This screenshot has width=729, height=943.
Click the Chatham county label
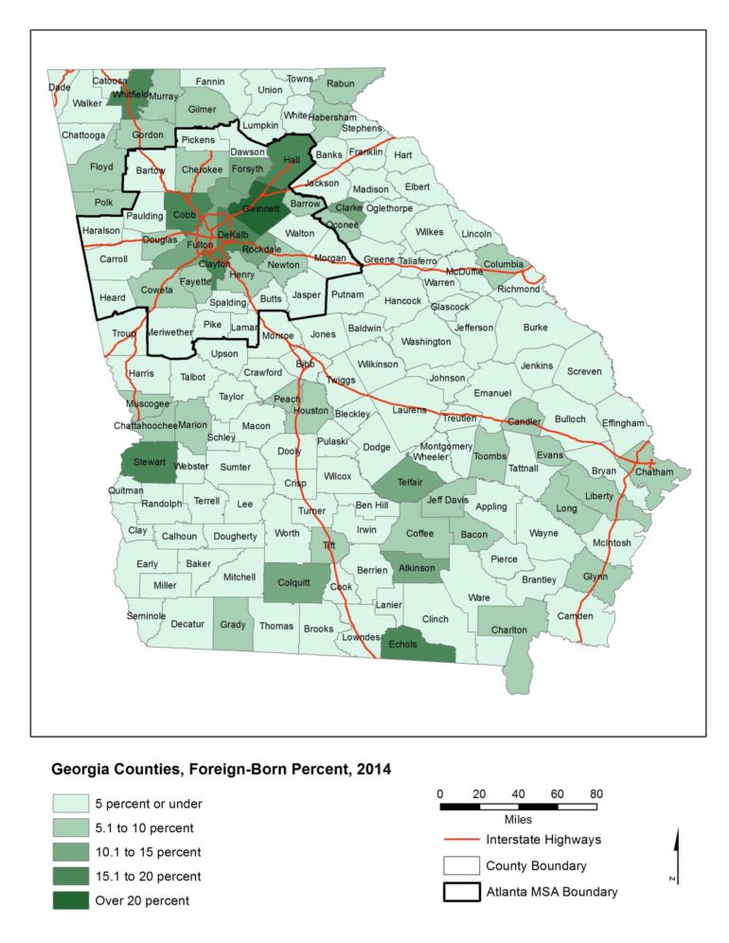click(x=653, y=471)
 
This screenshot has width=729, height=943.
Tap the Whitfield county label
click(x=129, y=96)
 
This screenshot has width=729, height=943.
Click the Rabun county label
click(x=340, y=84)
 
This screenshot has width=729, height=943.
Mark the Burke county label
click(x=535, y=328)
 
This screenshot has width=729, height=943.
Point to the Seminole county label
click(x=146, y=616)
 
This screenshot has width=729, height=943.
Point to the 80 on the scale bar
click(x=596, y=792)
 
